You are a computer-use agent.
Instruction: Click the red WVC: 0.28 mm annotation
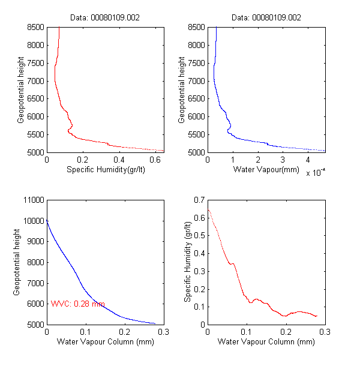coord(78,304)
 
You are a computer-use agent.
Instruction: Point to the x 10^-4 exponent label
coord(315,173)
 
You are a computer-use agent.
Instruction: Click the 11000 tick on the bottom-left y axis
coord(34,200)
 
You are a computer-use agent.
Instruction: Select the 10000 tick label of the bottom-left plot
coord(34,221)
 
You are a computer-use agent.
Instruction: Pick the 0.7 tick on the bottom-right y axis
coord(199,200)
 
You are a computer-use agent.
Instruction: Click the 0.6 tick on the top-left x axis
coord(155,160)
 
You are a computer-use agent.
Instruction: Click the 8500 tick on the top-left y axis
coord(36,27)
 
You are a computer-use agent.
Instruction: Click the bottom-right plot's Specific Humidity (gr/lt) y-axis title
coord(188,262)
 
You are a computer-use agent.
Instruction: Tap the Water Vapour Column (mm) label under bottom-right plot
coord(266,343)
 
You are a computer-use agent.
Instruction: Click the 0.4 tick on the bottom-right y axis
coord(199,253)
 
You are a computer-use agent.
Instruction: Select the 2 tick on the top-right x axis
coord(257,160)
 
